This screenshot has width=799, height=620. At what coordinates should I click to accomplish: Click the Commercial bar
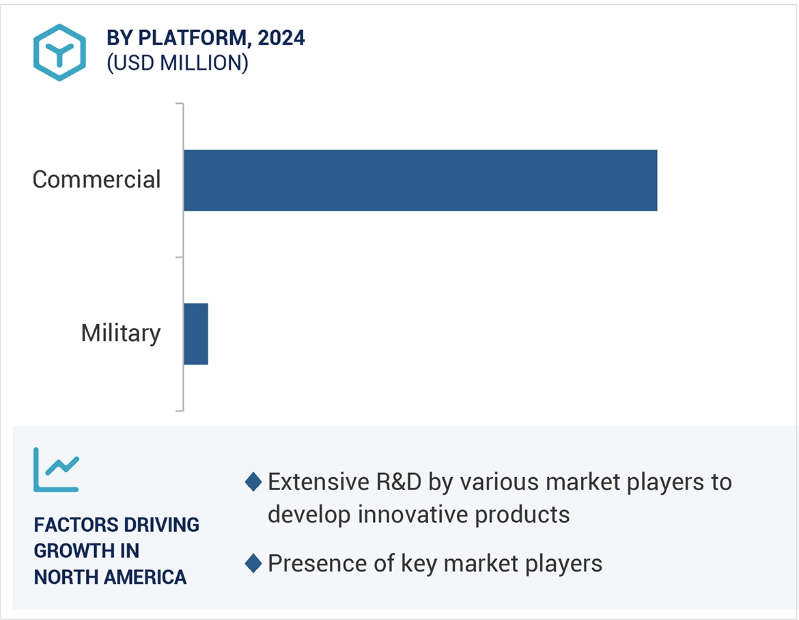point(420,180)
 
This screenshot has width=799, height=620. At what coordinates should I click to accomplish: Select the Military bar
point(196,334)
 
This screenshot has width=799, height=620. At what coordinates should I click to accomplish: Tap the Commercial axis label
point(96,180)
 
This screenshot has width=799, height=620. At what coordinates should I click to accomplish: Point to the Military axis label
point(121,334)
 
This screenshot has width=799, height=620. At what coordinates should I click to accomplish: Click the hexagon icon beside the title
point(60,53)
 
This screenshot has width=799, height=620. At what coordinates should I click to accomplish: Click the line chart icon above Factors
point(57,470)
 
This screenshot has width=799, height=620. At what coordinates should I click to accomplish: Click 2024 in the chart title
point(281,38)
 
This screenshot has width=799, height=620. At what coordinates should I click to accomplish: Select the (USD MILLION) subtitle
point(178,63)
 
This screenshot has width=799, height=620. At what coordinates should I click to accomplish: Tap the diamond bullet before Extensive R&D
point(253,482)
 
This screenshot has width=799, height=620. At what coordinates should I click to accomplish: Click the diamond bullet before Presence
point(253,564)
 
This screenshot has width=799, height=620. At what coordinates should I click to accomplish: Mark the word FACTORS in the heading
point(74,525)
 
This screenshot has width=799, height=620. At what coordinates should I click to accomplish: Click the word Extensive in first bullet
point(318,482)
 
